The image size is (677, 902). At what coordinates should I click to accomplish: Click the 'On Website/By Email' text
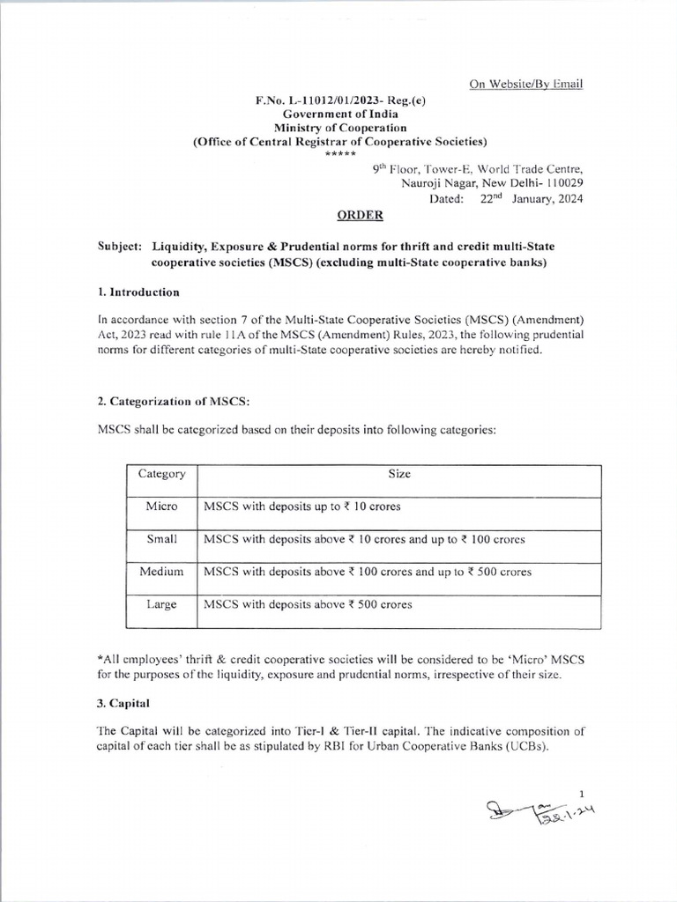pyautogui.click(x=525, y=84)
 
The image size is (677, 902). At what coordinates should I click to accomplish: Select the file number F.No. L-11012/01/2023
pyautogui.click(x=326, y=100)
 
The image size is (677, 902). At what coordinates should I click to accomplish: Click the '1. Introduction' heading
pyautogui.click(x=138, y=292)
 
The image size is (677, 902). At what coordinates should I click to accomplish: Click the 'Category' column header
pyautogui.click(x=161, y=474)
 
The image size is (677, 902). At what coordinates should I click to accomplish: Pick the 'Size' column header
pyautogui.click(x=398, y=474)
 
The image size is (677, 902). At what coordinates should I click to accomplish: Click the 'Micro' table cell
pyautogui.click(x=161, y=506)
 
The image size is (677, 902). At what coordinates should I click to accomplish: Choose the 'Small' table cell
pyautogui.click(x=161, y=539)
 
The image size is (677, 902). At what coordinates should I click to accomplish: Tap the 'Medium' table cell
pyautogui.click(x=161, y=572)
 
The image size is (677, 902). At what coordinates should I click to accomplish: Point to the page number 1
pyautogui.click(x=581, y=793)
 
